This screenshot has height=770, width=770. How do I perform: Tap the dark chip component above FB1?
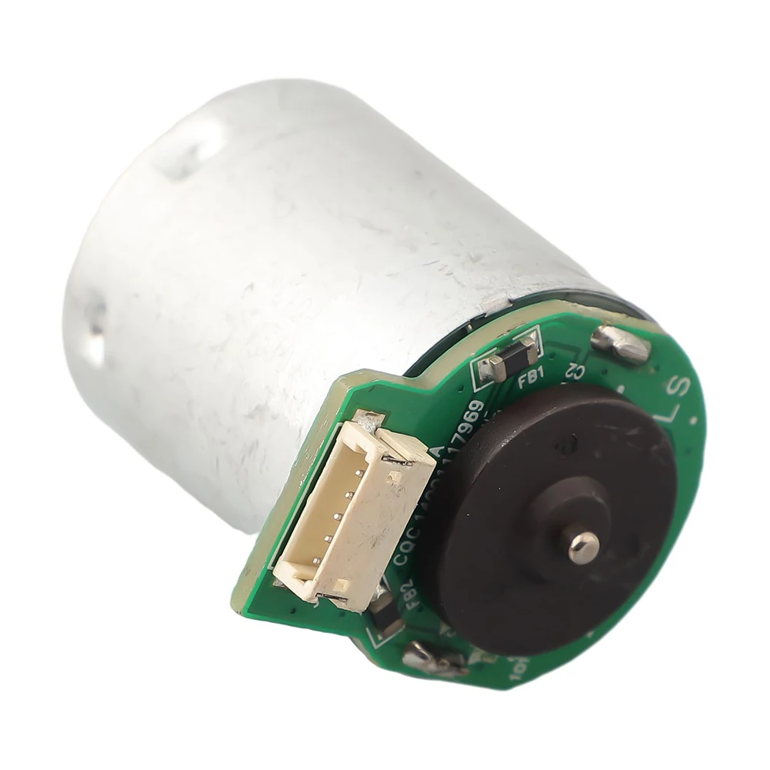(x=512, y=357)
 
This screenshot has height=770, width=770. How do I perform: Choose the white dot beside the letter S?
(x=695, y=420)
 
